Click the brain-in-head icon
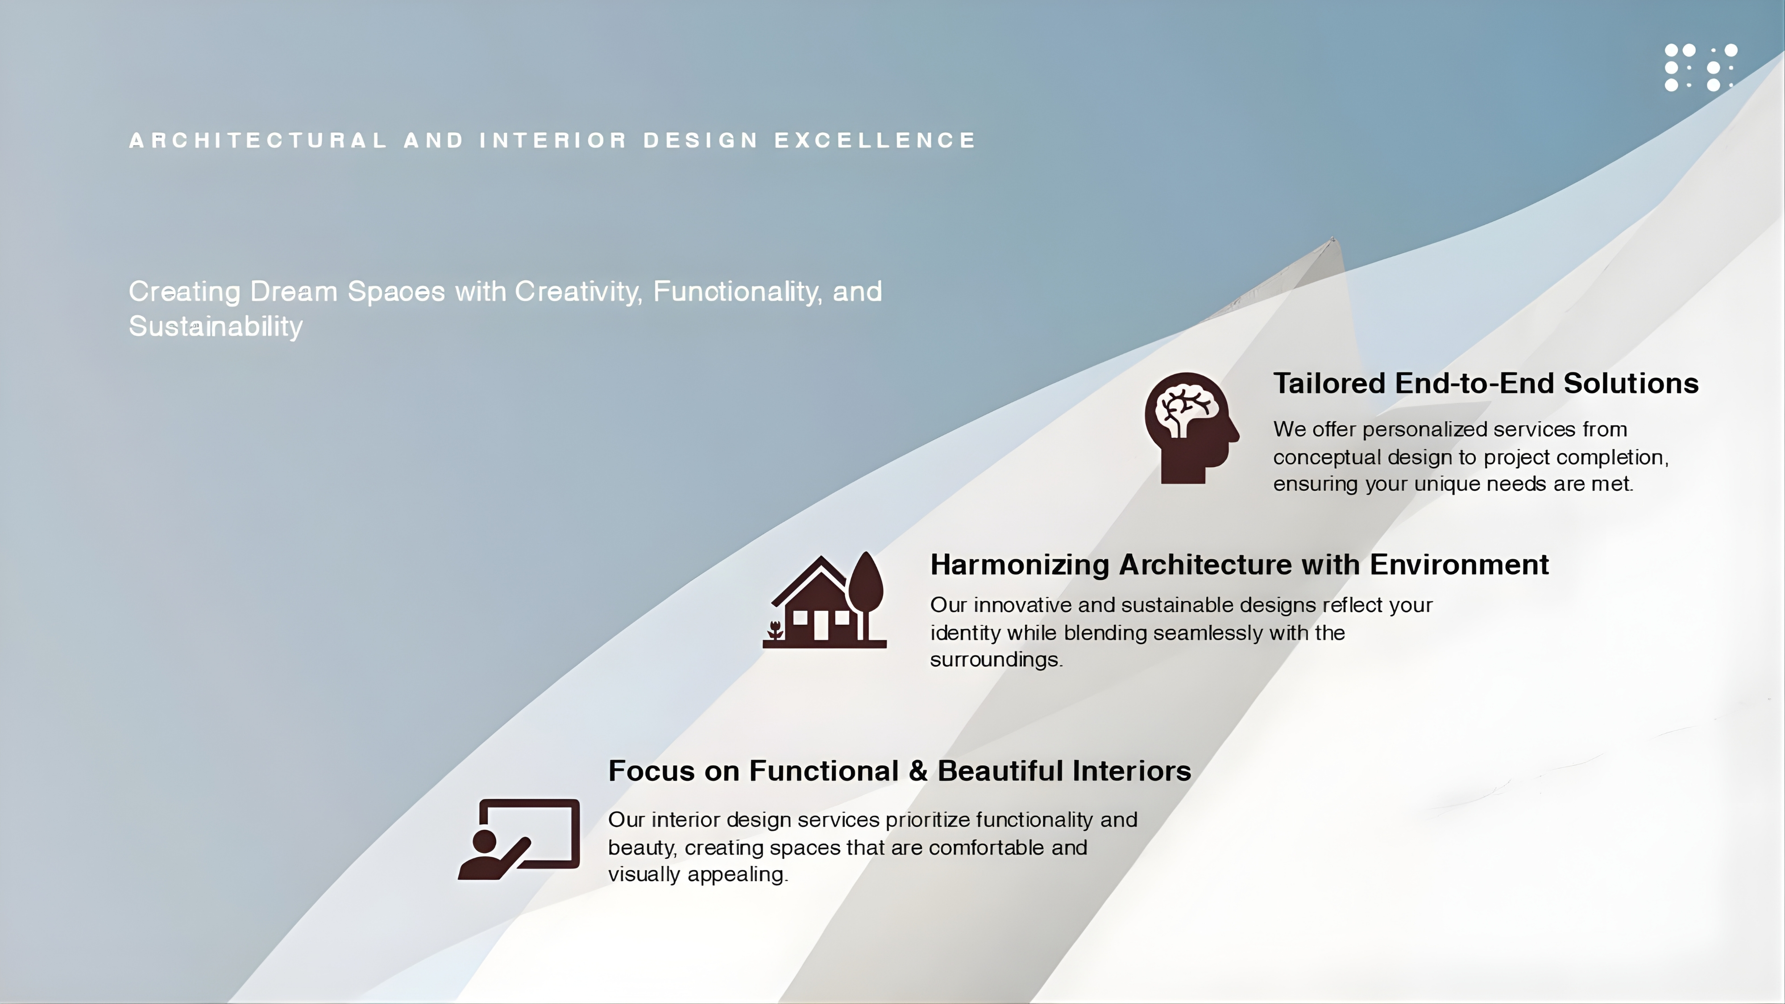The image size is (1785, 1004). click(1191, 427)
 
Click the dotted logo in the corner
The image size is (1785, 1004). click(1701, 67)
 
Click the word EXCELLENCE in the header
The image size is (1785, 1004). click(875, 140)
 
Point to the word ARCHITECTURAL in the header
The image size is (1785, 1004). click(258, 140)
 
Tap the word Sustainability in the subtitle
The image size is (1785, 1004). click(216, 326)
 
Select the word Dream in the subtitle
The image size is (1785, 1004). click(294, 292)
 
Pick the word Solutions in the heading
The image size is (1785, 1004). click(1631, 383)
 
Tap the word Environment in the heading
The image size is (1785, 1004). click(1459, 565)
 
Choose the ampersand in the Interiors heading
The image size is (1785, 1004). click(918, 771)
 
